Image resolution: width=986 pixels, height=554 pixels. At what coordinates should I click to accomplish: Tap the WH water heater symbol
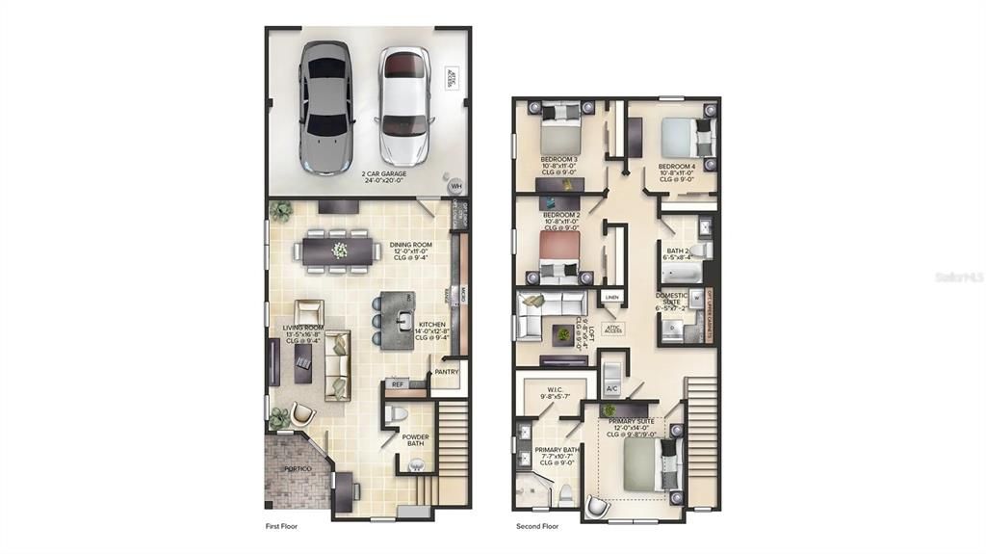pyautogui.click(x=456, y=186)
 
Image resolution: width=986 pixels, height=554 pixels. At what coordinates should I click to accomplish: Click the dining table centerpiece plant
pyautogui.click(x=339, y=251)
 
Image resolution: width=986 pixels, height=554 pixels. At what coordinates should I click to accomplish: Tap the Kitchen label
pyautogui.click(x=431, y=330)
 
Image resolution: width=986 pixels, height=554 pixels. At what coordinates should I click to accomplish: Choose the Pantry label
pyautogui.click(x=446, y=371)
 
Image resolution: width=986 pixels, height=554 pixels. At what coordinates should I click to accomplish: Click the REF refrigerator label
pyautogui.click(x=397, y=384)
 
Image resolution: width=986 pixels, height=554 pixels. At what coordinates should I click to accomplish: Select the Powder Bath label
pyautogui.click(x=416, y=440)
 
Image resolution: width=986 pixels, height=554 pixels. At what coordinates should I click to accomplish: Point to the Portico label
pyautogui.click(x=298, y=468)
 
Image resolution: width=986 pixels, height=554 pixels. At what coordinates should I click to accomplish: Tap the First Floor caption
pyautogui.click(x=285, y=527)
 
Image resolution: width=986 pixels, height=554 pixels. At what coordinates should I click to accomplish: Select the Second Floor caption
pyautogui.click(x=538, y=527)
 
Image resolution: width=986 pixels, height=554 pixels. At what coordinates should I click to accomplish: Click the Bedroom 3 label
pyautogui.click(x=558, y=165)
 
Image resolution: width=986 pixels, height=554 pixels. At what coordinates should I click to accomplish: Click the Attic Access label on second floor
pyautogui.click(x=612, y=329)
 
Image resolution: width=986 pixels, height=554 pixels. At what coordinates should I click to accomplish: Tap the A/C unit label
pyautogui.click(x=611, y=388)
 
